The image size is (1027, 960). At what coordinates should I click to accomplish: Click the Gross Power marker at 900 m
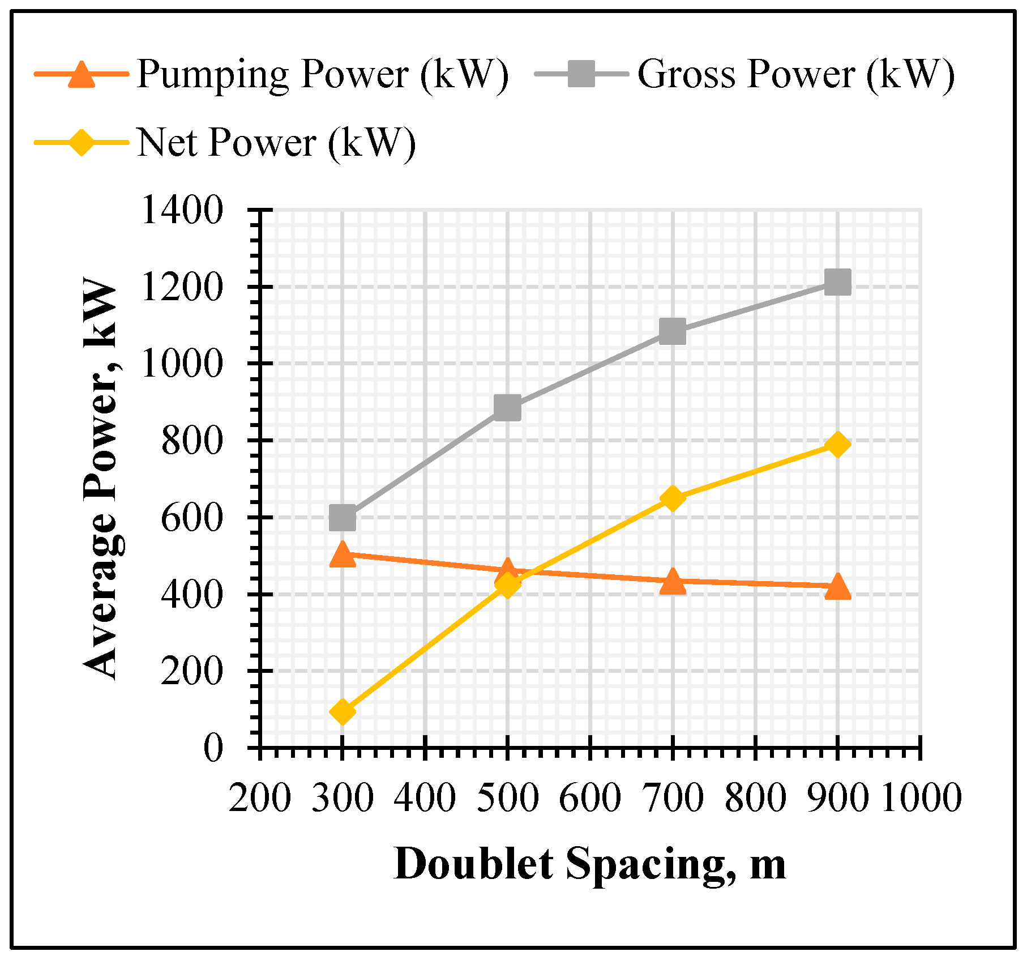837,282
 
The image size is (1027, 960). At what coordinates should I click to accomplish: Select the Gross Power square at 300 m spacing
343,518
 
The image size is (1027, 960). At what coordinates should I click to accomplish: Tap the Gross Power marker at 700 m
673,331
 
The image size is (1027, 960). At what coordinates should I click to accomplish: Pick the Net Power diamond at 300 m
343,711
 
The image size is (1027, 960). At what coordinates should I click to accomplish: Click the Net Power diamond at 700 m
673,498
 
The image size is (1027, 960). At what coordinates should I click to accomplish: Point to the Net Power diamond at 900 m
837,445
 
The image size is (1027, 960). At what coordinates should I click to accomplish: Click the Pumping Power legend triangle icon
82,74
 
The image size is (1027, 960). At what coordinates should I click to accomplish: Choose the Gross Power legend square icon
581,74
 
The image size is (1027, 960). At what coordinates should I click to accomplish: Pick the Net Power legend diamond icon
82,142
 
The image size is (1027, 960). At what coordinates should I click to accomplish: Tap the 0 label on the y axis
213,748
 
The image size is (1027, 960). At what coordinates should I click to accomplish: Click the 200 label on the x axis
260,798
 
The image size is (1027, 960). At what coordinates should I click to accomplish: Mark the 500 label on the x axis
508,798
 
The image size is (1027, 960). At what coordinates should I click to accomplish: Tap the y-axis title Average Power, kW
101,479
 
